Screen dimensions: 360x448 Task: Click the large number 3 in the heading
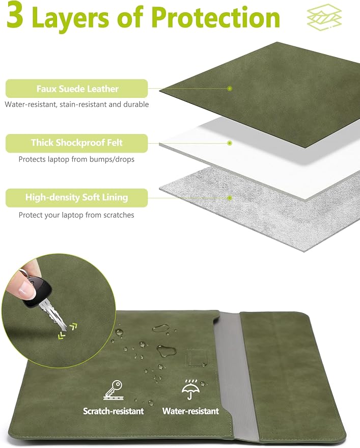pyautogui.click(x=14, y=14)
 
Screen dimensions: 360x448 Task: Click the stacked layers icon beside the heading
pyautogui.click(x=324, y=17)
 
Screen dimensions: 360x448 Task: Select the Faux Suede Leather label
pyautogui.click(x=77, y=89)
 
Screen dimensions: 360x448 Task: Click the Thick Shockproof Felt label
pyautogui.click(x=77, y=143)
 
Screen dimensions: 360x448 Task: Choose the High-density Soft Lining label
pyautogui.click(x=77, y=197)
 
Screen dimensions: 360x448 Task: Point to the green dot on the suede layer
pyautogui.click(x=230, y=89)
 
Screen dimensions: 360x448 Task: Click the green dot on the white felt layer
pyautogui.click(x=230, y=143)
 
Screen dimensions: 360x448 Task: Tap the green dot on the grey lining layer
pyautogui.click(x=230, y=198)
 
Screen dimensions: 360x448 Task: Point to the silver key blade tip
pyautogui.click(x=65, y=329)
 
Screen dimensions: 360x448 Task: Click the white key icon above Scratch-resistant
pyautogui.click(x=114, y=390)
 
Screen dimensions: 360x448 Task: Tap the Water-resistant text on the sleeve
pyautogui.click(x=190, y=411)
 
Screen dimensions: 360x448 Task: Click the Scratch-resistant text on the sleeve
pyautogui.click(x=114, y=411)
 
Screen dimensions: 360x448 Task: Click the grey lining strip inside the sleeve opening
pyautogui.click(x=236, y=372)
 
